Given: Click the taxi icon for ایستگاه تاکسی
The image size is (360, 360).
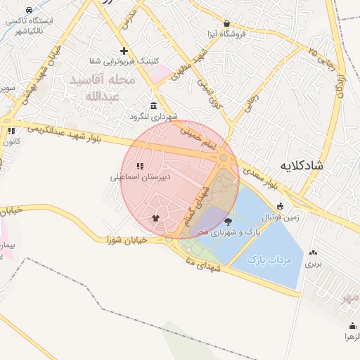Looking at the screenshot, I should [x=29, y=11].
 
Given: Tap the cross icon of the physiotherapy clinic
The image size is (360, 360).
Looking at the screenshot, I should [x=124, y=51].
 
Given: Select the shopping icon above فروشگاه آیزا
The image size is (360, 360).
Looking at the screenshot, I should [x=226, y=23].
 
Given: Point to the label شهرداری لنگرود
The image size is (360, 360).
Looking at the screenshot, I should [x=153, y=116].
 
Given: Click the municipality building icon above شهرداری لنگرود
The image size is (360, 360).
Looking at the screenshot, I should [x=153, y=105].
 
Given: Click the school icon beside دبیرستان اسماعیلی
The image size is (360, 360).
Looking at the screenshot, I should [x=139, y=167].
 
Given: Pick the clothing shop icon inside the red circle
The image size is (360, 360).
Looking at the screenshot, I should [x=155, y=218].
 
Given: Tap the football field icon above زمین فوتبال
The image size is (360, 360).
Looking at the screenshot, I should [x=281, y=207].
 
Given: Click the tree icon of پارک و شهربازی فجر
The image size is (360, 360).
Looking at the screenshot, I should [x=227, y=221].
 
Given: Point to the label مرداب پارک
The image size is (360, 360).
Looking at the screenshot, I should [x=269, y=259].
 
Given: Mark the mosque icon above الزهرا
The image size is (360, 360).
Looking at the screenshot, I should [x=352, y=326].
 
